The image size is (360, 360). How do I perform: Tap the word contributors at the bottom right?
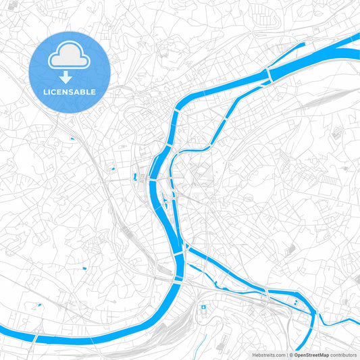pos(343,354)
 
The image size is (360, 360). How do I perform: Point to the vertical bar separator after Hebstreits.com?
pos(286,354)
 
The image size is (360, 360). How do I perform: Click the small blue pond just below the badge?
pos(72,139)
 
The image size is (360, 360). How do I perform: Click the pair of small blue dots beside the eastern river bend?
pos(295,302)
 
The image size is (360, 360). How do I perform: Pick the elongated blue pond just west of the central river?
pos(136,177)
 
